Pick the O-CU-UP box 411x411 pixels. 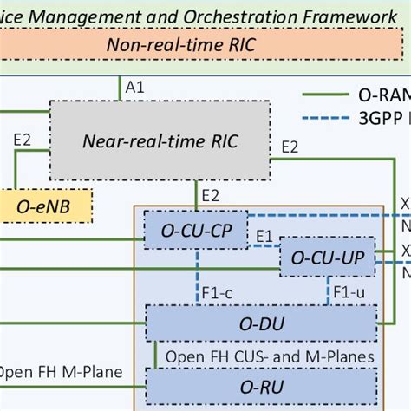[x=327, y=257]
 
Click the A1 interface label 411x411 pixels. [x=134, y=88]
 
